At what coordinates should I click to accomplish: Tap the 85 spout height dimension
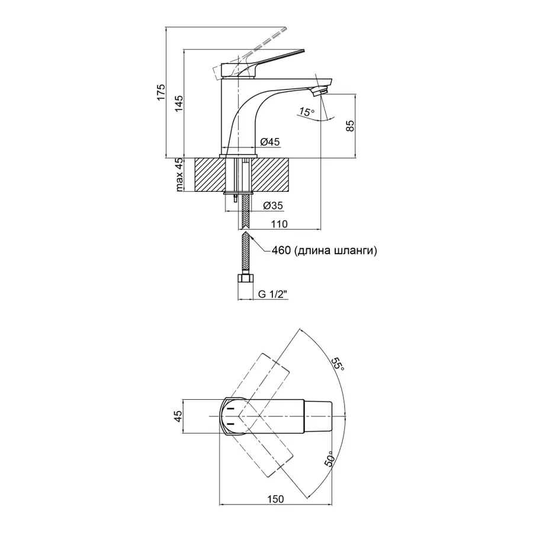(349, 126)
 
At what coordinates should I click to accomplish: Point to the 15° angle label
(306, 112)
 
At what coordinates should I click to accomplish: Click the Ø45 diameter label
(270, 142)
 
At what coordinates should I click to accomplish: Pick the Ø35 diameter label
(272, 206)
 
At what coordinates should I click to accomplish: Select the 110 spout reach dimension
(279, 224)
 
